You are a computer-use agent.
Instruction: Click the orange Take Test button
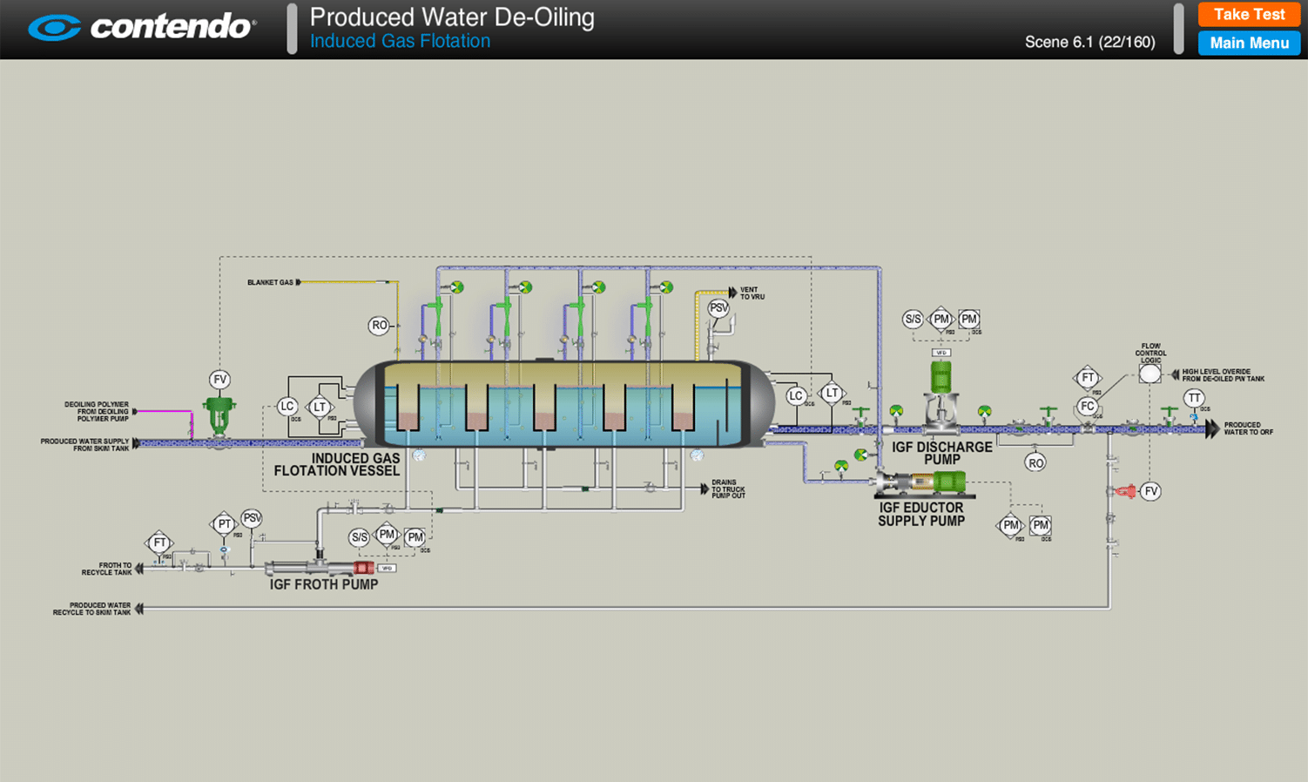tap(1249, 15)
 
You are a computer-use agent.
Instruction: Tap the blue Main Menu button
tap(1249, 43)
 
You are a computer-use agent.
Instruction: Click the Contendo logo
tap(142, 27)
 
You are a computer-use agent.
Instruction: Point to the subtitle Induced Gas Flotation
tap(400, 41)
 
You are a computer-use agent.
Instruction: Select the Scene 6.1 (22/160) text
tap(1089, 42)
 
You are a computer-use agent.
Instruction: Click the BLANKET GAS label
tap(270, 282)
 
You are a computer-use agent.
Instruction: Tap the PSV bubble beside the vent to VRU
tap(718, 308)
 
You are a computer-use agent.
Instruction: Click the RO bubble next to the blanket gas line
tap(379, 326)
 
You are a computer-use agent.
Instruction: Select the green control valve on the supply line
tap(219, 415)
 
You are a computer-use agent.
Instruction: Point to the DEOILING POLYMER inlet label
tap(97, 411)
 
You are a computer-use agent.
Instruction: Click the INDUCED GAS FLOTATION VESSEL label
tap(337, 464)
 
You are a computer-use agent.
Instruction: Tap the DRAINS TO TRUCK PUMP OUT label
tap(728, 489)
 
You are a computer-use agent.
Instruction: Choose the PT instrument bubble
tap(225, 524)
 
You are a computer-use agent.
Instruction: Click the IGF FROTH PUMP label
tap(324, 584)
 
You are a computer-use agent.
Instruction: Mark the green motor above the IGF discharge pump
tap(941, 376)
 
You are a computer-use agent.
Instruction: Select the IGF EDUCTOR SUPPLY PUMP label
tap(921, 514)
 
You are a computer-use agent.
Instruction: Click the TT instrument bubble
tap(1194, 398)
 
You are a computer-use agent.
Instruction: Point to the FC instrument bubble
tap(1087, 406)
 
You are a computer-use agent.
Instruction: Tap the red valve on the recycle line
tap(1125, 492)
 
